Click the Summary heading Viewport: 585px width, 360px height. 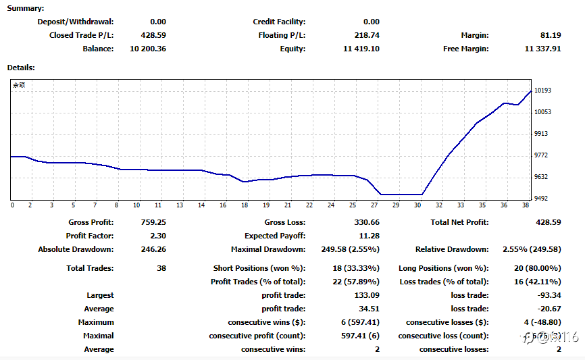(x=26, y=8)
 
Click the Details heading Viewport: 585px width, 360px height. (x=21, y=68)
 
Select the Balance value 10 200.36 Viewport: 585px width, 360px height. (x=147, y=49)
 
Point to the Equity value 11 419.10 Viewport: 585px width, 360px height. (x=361, y=49)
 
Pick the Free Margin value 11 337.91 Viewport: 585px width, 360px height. (x=542, y=49)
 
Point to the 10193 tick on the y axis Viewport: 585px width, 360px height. (x=542, y=91)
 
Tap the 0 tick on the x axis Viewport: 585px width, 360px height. (x=12, y=205)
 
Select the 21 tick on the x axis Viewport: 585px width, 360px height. (x=287, y=205)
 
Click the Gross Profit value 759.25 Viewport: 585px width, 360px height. (x=153, y=222)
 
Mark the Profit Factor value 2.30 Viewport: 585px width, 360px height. (x=158, y=236)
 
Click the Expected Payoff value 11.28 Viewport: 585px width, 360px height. (x=369, y=236)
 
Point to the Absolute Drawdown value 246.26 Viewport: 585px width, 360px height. (x=153, y=249)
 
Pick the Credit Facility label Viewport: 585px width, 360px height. (x=279, y=22)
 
